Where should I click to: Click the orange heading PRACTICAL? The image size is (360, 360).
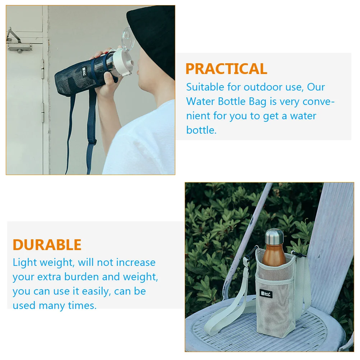pyautogui.click(x=226, y=69)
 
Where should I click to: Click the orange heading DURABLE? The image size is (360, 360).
pyautogui.click(x=47, y=245)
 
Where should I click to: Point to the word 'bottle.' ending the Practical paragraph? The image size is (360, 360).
pyautogui.click(x=201, y=130)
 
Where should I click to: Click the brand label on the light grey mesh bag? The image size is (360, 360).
pyautogui.click(x=266, y=294)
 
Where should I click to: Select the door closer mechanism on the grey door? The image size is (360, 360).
pyautogui.click(x=18, y=41)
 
